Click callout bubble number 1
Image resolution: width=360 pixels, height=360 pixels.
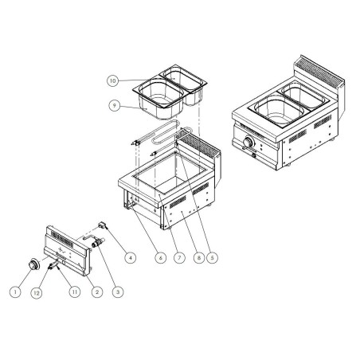point(14,293)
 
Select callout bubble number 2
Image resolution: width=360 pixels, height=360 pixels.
point(96,293)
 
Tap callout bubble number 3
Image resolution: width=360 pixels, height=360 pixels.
point(118,293)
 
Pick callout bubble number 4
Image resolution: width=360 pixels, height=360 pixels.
point(130,256)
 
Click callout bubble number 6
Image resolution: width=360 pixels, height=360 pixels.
point(160,256)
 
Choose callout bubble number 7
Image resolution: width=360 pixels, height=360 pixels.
point(178,256)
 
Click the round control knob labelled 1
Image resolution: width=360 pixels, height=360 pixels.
point(34,264)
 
